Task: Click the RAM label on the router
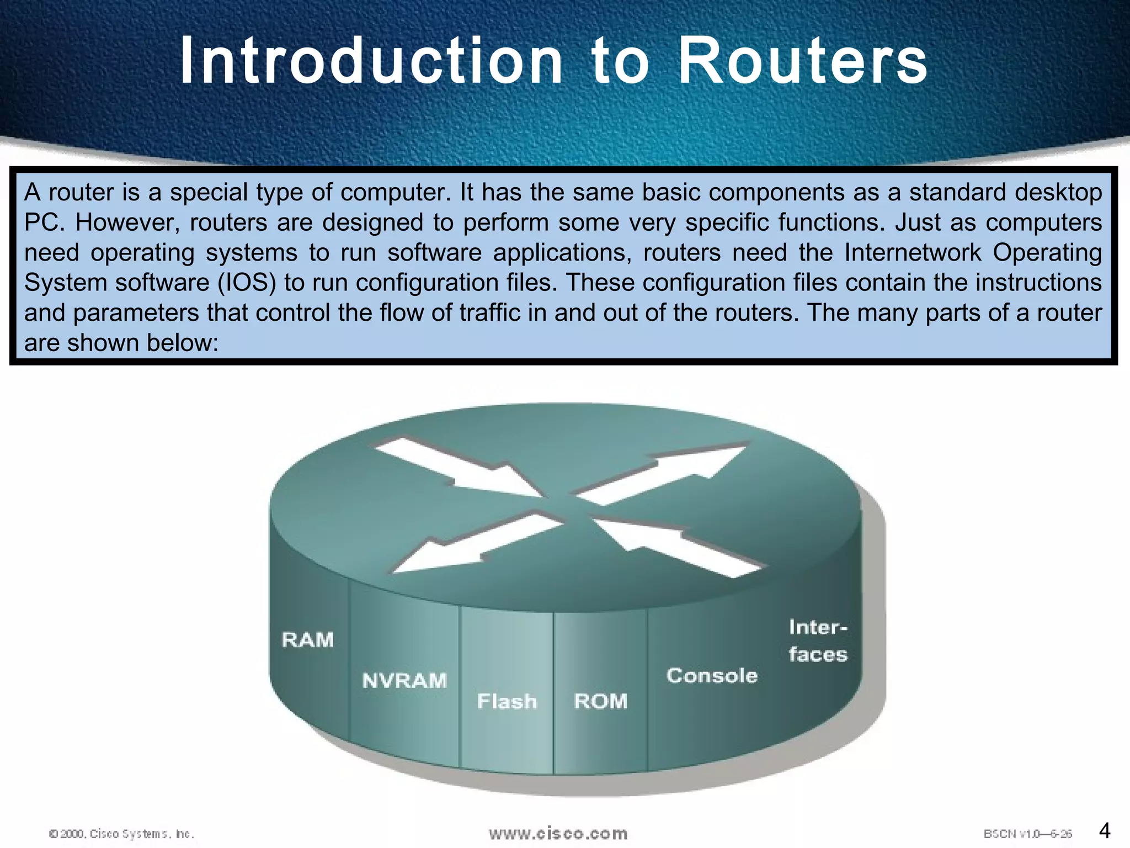point(307,640)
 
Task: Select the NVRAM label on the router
point(404,681)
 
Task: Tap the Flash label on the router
point(507,701)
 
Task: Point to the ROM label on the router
point(600,701)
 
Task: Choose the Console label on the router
point(712,676)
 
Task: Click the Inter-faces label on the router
point(817,642)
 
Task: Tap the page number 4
point(1105,830)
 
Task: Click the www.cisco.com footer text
point(558,833)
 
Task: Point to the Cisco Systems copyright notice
point(121,834)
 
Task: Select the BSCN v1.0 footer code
point(1027,834)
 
